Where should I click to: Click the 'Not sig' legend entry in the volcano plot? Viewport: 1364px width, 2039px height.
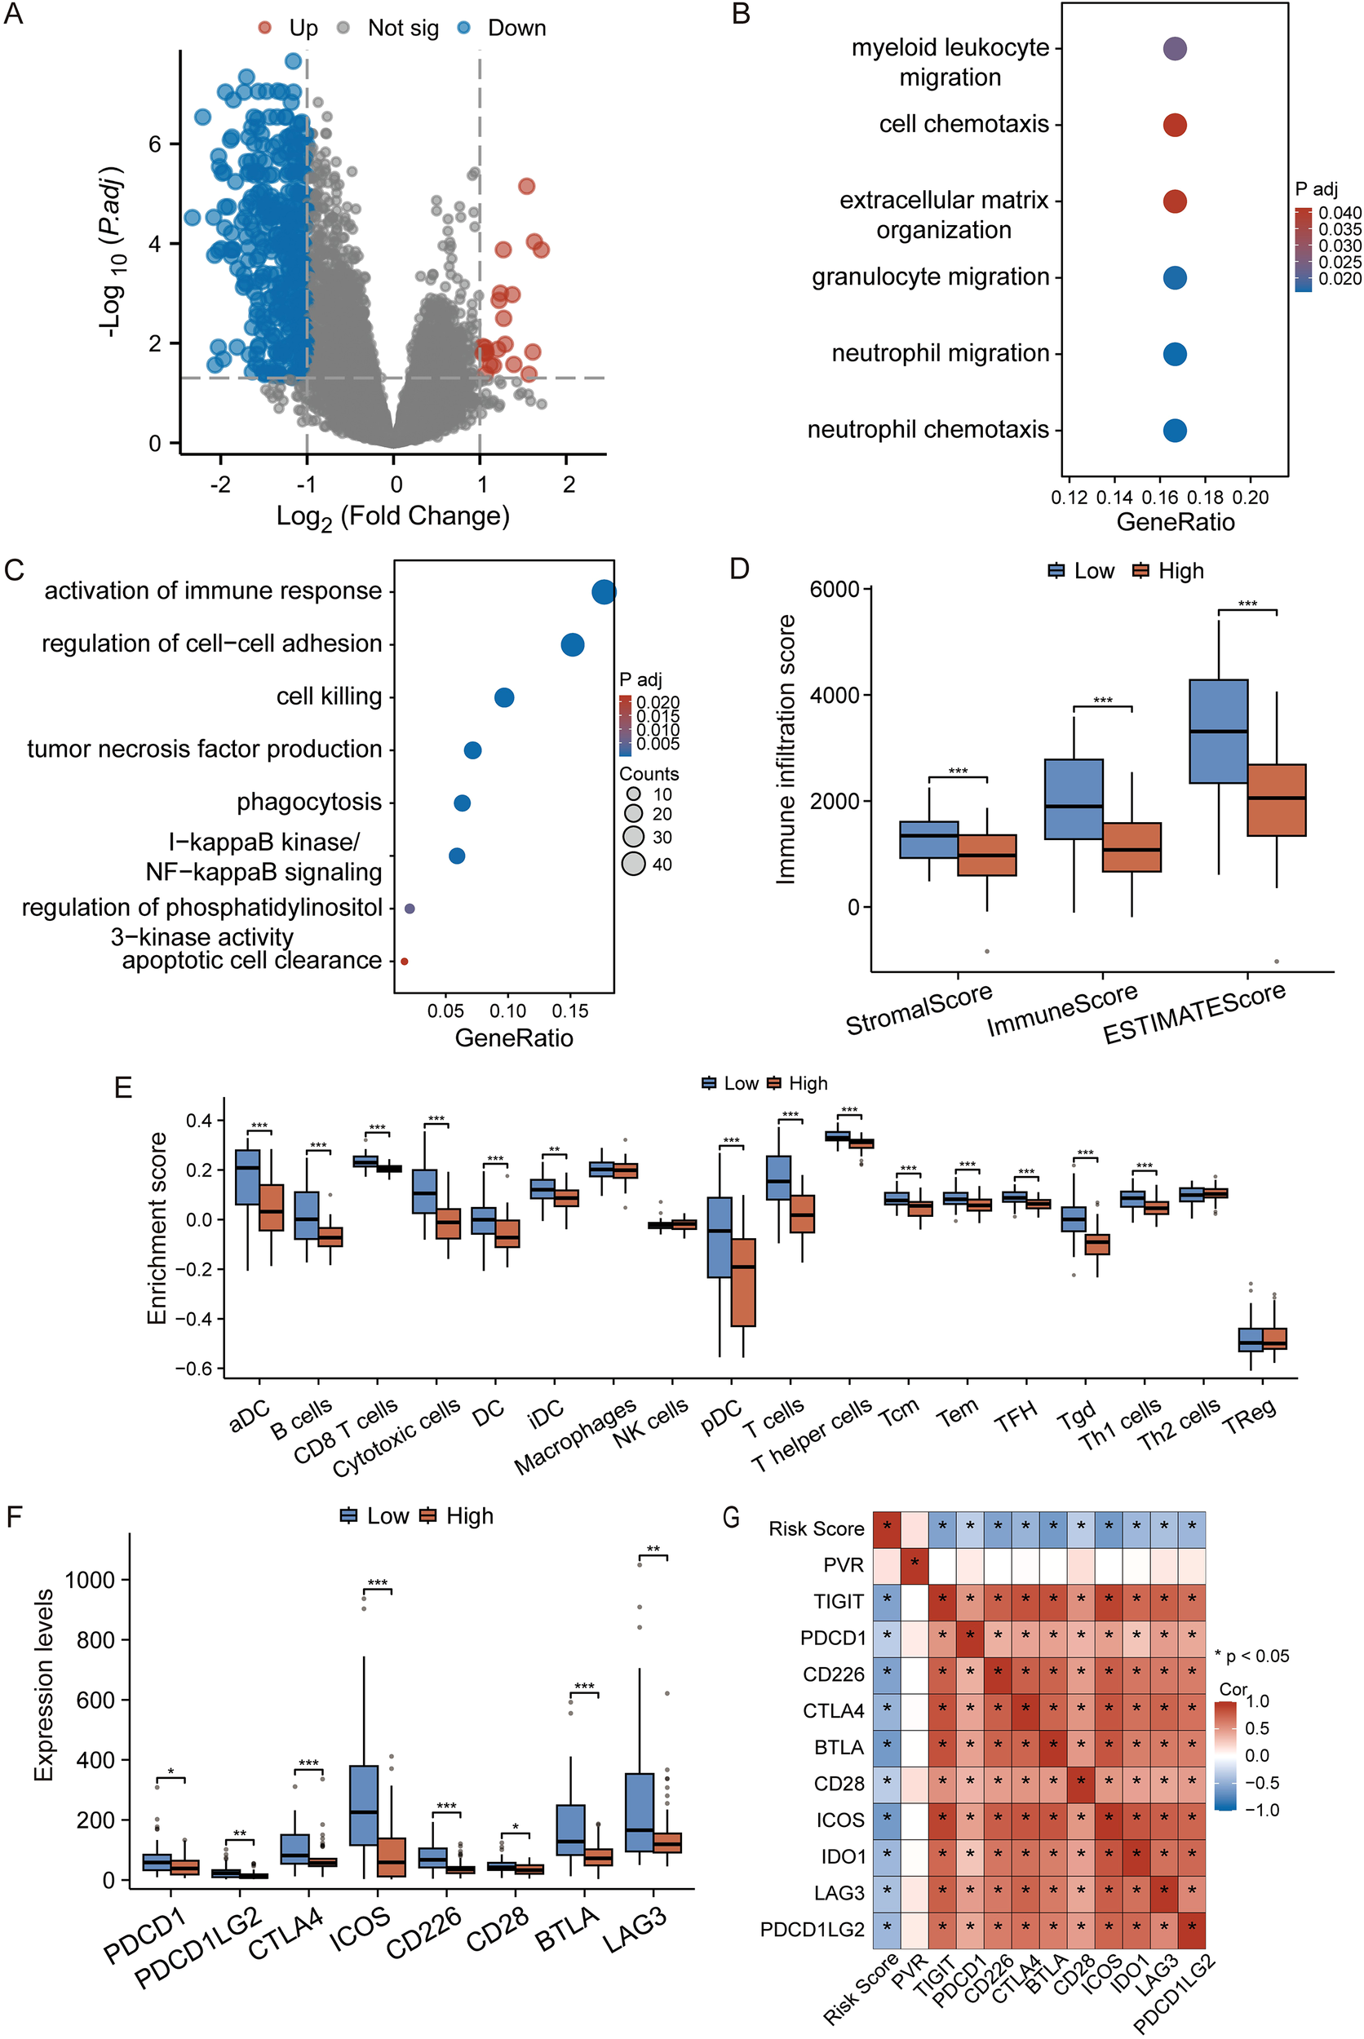[402, 29]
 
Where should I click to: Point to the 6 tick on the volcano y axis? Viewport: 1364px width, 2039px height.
[155, 144]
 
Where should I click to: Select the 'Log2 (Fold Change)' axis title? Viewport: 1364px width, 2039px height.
[392, 516]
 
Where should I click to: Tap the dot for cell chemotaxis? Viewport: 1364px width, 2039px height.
[1175, 126]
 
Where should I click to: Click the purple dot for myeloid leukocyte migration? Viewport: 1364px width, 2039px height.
[1175, 49]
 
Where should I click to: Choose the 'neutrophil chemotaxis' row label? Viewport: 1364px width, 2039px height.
[928, 430]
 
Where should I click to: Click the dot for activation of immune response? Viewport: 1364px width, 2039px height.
[604, 592]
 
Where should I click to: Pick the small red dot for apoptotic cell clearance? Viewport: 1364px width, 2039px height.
[405, 961]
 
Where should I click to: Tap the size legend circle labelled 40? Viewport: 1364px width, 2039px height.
[633, 864]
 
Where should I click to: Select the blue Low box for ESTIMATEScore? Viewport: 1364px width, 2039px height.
[1218, 732]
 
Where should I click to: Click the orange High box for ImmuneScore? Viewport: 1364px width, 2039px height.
[1131, 847]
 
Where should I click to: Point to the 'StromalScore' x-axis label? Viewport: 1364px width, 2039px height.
[919, 1010]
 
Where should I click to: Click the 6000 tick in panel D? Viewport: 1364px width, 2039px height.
[835, 590]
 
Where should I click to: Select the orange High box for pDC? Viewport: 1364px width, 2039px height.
[743, 1282]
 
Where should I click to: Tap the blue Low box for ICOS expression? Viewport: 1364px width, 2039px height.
[364, 1805]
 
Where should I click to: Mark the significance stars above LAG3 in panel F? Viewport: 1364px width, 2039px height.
[653, 1549]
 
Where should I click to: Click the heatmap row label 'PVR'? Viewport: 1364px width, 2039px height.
[843, 1565]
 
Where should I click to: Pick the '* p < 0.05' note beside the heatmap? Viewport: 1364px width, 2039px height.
[1251, 1656]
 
